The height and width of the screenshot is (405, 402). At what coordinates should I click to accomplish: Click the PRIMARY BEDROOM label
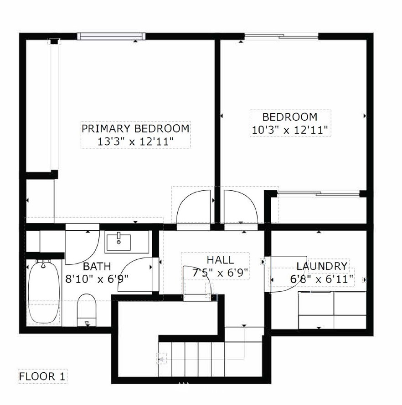pos(135,128)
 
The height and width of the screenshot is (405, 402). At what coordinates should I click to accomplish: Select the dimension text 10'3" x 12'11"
pos(290,130)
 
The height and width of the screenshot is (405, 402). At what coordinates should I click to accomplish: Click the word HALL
pos(221,260)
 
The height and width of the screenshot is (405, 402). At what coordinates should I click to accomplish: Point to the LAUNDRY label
pos(321,266)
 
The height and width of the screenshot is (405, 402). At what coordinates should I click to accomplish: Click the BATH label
pos(97,266)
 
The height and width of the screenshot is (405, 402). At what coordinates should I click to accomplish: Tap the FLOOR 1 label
pos(42,376)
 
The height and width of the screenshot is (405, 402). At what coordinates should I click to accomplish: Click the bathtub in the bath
pos(43,292)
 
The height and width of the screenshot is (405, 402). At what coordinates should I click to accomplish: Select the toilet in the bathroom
pos(87,309)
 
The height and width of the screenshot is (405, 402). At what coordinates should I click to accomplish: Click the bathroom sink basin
pos(119,242)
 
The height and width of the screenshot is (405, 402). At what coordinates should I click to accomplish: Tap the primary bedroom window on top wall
pos(111,36)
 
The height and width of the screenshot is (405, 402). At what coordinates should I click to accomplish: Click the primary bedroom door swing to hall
pos(194,206)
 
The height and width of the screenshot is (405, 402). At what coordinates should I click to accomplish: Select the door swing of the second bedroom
pos(241,206)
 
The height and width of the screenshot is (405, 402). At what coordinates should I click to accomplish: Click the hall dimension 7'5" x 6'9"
pos(221,273)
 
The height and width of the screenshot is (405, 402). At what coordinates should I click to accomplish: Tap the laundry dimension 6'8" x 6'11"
pos(321,279)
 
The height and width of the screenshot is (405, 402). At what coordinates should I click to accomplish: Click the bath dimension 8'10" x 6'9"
pos(97,279)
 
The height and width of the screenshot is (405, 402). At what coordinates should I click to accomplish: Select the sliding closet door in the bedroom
pos(319,192)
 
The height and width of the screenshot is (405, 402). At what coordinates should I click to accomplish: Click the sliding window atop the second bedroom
pos(282,36)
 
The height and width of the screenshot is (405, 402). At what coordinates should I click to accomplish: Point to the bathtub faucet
pos(43,263)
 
